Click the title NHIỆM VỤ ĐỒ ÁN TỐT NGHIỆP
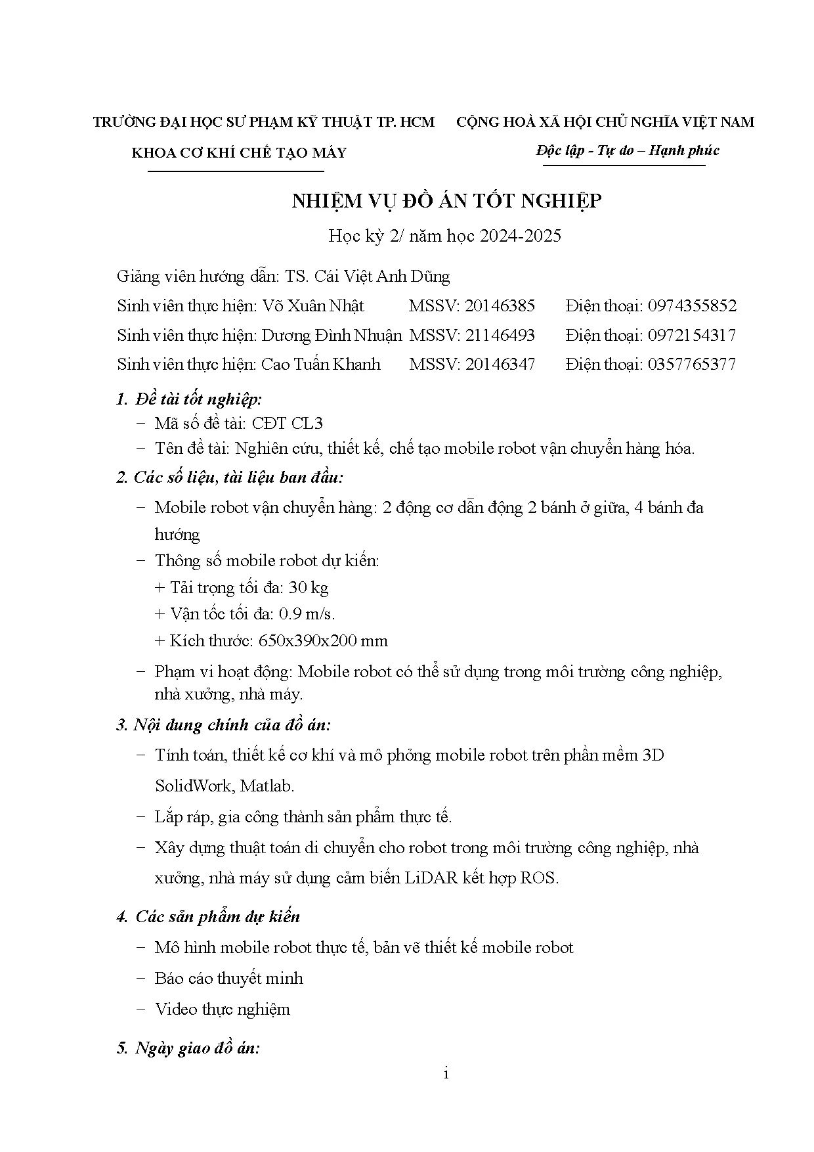446,201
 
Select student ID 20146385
500,306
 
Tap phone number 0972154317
692,336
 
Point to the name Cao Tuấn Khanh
321,365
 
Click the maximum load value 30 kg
309,587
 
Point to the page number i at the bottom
446,1074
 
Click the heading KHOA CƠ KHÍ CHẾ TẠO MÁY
239,154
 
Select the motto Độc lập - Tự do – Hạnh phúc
627,150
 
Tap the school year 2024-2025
521,236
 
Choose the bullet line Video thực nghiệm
222,1009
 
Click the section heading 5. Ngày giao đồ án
188,1048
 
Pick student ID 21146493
500,336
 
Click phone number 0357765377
692,365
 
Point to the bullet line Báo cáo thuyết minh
228,979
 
